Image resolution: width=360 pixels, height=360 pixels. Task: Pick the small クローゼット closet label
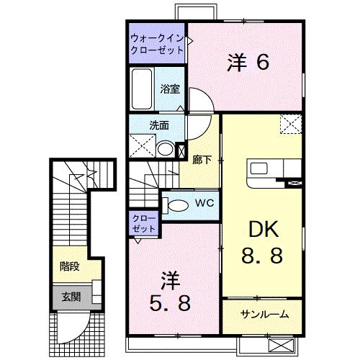[x=145, y=222]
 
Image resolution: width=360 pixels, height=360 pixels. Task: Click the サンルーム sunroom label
[x=265, y=315]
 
